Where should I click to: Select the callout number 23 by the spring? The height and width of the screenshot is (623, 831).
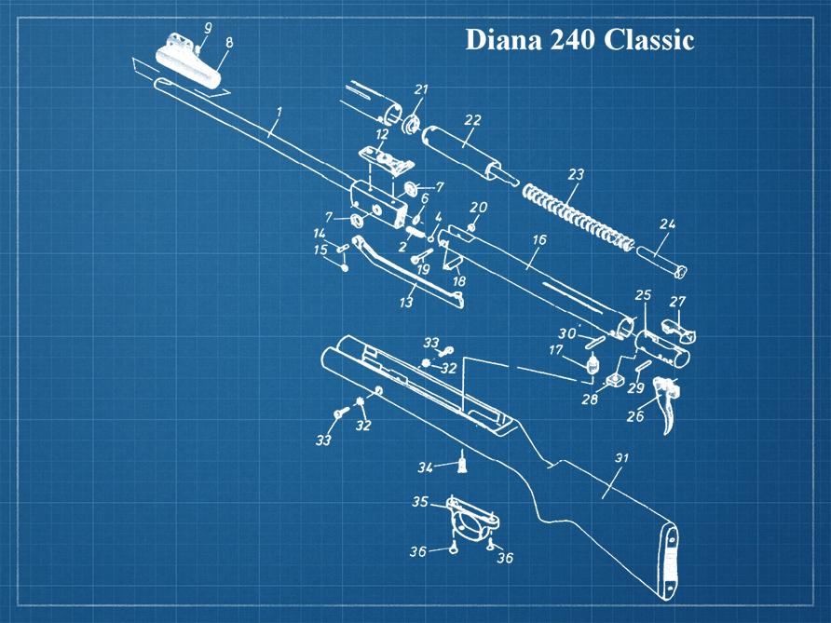click(576, 174)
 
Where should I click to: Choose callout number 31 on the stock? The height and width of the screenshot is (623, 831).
click(622, 458)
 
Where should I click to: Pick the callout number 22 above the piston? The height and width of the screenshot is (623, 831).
click(472, 120)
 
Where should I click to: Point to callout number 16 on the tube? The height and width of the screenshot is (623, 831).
click(538, 240)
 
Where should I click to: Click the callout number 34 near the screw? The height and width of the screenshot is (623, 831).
click(424, 466)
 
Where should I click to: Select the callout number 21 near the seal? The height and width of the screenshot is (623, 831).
click(421, 89)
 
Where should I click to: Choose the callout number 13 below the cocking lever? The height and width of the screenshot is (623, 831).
click(406, 303)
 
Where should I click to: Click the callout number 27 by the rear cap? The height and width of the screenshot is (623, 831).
click(677, 302)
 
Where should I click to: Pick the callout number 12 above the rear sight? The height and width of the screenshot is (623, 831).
click(382, 135)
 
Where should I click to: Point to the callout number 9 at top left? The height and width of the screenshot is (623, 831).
click(208, 28)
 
